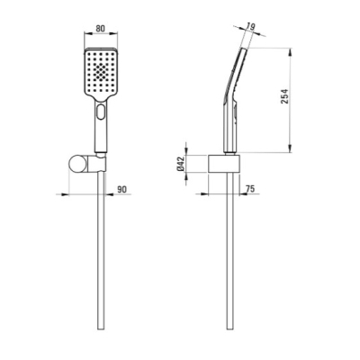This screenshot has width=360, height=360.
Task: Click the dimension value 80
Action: coord(101,29)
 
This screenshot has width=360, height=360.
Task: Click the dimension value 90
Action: coord(121,189)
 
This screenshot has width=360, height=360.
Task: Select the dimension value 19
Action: coord(250,26)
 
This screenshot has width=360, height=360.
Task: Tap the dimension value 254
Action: coord(284,96)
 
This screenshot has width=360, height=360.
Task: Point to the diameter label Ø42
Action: coord(181,164)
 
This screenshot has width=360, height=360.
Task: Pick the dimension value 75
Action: coord(250,189)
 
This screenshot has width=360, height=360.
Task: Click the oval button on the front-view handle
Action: coord(101,111)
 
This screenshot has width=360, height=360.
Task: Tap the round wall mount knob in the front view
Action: coord(77,164)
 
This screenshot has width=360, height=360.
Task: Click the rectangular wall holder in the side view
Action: coord(224,164)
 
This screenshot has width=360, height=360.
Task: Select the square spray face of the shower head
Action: coord(101,72)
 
